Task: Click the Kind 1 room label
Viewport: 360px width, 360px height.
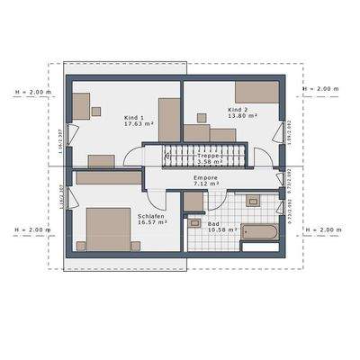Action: (x=134, y=118)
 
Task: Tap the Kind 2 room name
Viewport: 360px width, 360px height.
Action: (x=227, y=110)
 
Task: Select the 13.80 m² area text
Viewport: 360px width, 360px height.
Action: (x=230, y=117)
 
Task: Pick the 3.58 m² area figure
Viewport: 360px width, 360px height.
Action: (x=207, y=162)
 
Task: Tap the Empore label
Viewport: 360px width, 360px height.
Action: (x=206, y=178)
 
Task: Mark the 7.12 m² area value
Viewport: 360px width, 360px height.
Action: (x=206, y=185)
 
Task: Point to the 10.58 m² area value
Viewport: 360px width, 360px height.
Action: (x=221, y=229)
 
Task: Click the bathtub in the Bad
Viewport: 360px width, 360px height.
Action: (x=261, y=233)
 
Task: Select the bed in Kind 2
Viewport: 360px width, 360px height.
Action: (x=259, y=93)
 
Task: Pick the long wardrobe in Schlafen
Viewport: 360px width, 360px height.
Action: (x=109, y=178)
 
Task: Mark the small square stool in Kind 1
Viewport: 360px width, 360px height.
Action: (x=96, y=112)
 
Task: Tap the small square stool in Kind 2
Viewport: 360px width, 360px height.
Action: (x=200, y=117)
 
